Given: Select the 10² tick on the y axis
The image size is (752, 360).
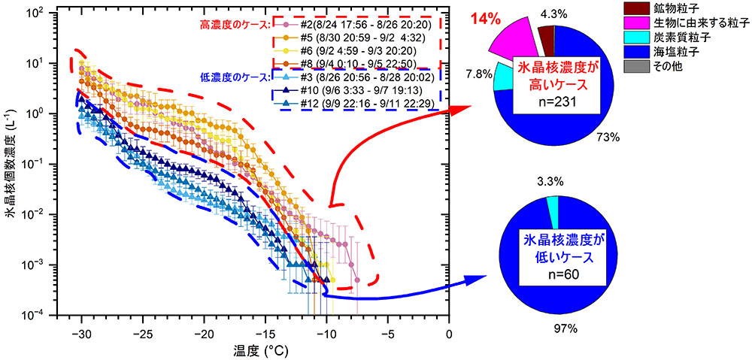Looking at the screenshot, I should pos(56,13).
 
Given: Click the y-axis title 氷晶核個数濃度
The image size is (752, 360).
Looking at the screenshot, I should pos(12,163).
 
